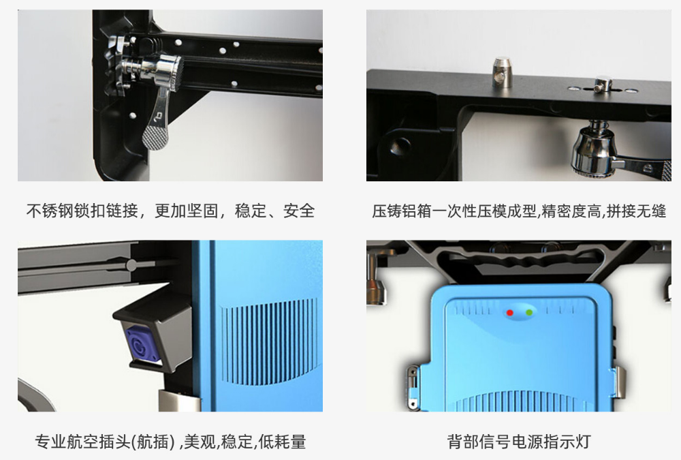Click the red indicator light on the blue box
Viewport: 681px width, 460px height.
(510, 313)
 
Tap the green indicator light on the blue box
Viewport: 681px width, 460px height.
(529, 313)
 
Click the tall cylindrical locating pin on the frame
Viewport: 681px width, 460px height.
(502, 72)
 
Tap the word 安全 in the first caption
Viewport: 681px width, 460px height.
(299, 211)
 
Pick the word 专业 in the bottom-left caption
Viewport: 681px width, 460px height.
(50, 442)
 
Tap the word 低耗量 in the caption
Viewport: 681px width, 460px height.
(283, 442)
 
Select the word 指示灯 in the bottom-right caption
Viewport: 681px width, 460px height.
(567, 442)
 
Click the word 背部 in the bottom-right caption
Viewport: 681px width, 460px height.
(463, 442)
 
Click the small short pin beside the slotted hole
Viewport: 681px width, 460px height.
(603, 84)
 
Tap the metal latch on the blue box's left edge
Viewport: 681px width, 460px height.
(413, 387)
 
